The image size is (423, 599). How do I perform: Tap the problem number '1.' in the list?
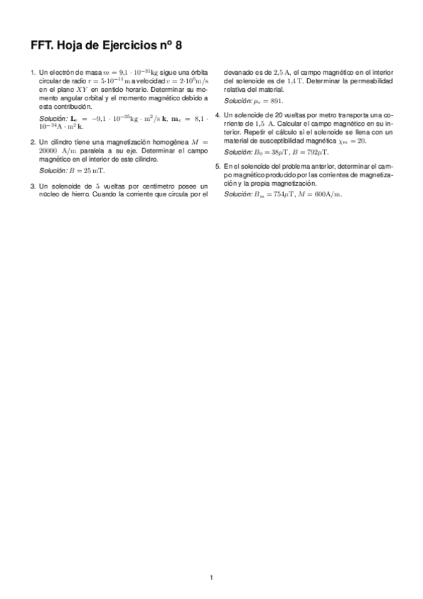click(32, 73)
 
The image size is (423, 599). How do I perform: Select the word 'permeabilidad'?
click(371, 81)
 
